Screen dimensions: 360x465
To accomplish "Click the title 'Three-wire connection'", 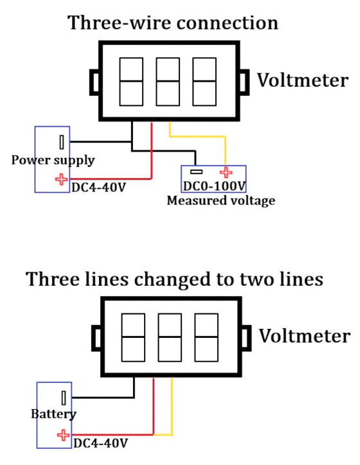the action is click(x=173, y=23).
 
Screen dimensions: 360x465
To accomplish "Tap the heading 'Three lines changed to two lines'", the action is click(x=174, y=279).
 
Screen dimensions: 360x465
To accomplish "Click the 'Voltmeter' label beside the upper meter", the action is click(x=302, y=80).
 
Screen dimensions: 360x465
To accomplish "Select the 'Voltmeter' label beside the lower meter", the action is click(x=305, y=336).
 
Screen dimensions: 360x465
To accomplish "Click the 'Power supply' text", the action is click(x=53, y=160).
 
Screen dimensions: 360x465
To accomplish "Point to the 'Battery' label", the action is click(x=54, y=414).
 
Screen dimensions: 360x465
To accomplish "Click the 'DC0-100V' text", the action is click(x=214, y=186).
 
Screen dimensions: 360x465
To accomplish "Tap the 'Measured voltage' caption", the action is click(x=221, y=200).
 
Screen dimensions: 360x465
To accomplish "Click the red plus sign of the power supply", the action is click(x=62, y=179).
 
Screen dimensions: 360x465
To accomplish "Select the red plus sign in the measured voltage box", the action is click(x=226, y=172).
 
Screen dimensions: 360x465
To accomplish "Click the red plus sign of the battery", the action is click(x=63, y=435).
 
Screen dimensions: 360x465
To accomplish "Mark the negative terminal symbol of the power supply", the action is click(x=62, y=142).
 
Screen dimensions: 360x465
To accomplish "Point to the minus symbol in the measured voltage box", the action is click(x=196, y=171).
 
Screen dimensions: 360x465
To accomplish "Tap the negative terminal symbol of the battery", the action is click(x=64, y=398).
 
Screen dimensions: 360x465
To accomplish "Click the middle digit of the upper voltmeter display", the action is click(x=168, y=82).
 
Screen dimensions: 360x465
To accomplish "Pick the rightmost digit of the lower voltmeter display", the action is click(x=206, y=337).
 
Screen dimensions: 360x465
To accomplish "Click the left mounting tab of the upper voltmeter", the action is click(x=94, y=82).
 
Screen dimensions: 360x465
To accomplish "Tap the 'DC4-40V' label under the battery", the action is click(x=101, y=443).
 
